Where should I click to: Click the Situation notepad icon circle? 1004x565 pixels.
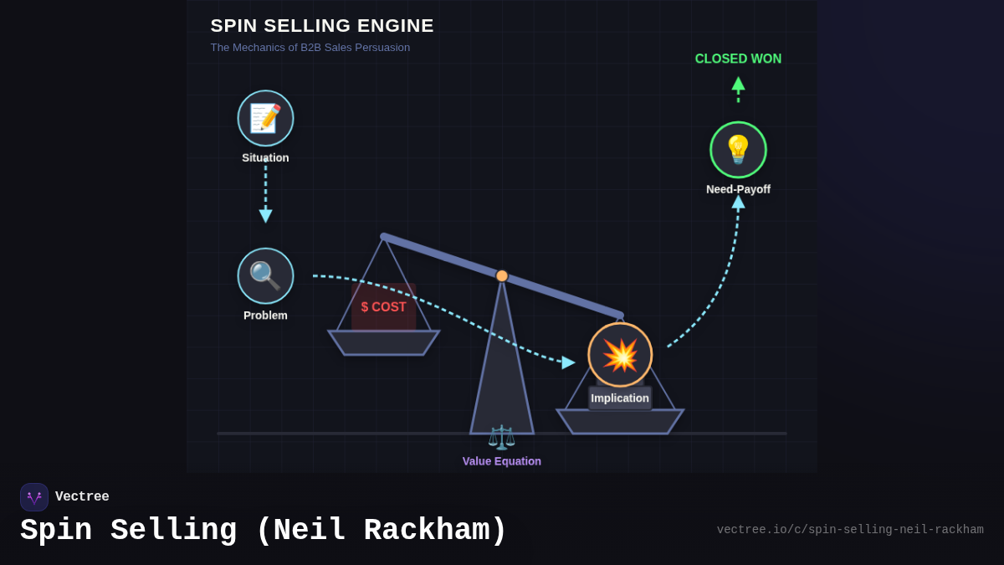tap(265, 118)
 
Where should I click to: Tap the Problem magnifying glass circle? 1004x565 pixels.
tap(265, 275)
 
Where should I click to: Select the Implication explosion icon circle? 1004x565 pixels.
tap(620, 355)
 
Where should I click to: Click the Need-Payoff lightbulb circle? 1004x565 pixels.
tap(738, 150)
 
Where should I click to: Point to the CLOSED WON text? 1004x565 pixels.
tap(738, 59)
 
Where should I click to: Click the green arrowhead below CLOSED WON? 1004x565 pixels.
tap(738, 84)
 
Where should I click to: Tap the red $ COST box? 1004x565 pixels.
tap(383, 306)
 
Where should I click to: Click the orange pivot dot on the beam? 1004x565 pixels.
tap(502, 275)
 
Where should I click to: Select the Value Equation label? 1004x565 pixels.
tap(501, 461)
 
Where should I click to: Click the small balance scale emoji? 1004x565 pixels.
tap(501, 437)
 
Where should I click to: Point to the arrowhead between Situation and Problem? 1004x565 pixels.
tap(265, 216)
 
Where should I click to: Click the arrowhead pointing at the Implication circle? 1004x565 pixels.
tap(568, 362)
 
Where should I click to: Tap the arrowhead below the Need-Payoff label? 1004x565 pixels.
tap(738, 202)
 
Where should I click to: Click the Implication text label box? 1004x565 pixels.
tap(620, 398)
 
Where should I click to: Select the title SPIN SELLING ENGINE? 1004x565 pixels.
tap(322, 26)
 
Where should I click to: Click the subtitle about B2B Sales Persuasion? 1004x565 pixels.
tap(310, 48)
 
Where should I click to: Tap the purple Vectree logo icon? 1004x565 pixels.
tap(34, 497)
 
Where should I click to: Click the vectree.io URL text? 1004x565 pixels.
tap(849, 530)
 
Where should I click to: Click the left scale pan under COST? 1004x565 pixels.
tap(383, 342)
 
